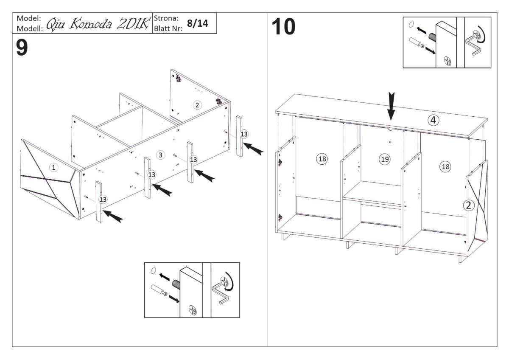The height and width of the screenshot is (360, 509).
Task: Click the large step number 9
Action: [22, 48]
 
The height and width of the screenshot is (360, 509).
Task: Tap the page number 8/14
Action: [198, 24]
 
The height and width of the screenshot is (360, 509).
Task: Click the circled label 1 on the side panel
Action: [53, 168]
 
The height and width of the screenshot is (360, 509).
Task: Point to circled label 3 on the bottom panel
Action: [160, 155]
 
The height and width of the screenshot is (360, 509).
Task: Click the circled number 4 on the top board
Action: [433, 121]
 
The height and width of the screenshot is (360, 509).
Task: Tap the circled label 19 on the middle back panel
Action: [384, 159]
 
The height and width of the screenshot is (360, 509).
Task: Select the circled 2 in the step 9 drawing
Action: [197, 105]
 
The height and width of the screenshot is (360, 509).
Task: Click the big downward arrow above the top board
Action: [391, 108]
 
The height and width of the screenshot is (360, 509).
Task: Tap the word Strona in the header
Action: [166, 19]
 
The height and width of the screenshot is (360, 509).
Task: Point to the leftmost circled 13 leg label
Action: [103, 199]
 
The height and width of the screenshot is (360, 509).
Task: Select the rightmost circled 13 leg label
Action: [244, 134]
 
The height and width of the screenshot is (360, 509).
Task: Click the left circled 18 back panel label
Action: [322, 159]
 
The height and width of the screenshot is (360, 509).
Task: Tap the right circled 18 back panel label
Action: [445, 166]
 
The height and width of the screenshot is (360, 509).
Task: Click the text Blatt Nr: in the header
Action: [168, 28]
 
